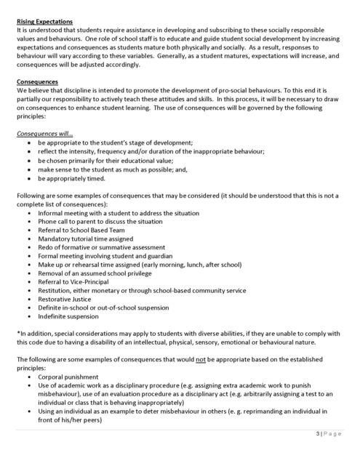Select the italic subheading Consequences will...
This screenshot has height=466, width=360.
pyautogui.click(x=46, y=134)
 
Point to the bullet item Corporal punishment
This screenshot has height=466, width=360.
pyautogui.click(x=68, y=377)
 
